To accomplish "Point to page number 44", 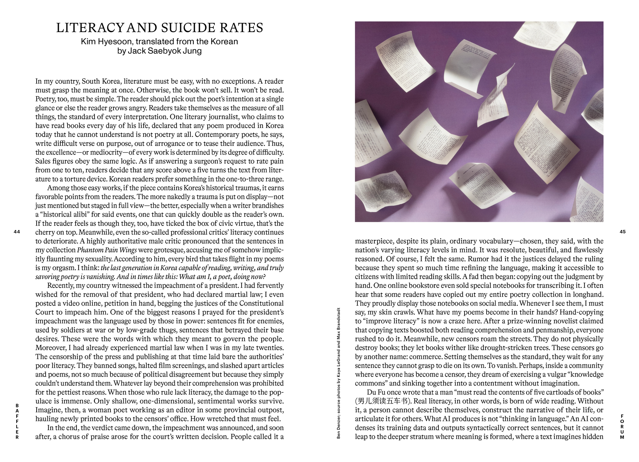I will click(17, 232).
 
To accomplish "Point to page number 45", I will click(622, 232).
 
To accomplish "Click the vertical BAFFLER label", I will click(17, 421).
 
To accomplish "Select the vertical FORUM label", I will click(622, 427).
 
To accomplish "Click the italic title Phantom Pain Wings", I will click(107, 250).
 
